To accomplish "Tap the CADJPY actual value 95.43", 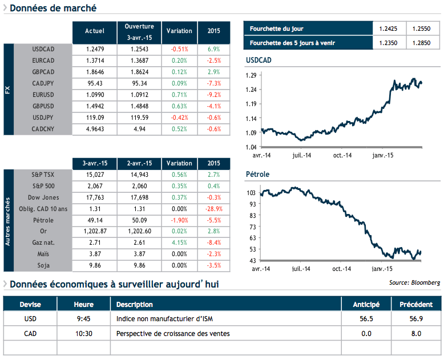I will click(94, 83).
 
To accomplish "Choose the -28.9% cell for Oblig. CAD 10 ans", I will click(213, 209).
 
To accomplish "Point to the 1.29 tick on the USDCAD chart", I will click(250, 75).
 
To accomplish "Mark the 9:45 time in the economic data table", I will click(83, 318).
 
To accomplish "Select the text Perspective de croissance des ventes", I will click(173, 333).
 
